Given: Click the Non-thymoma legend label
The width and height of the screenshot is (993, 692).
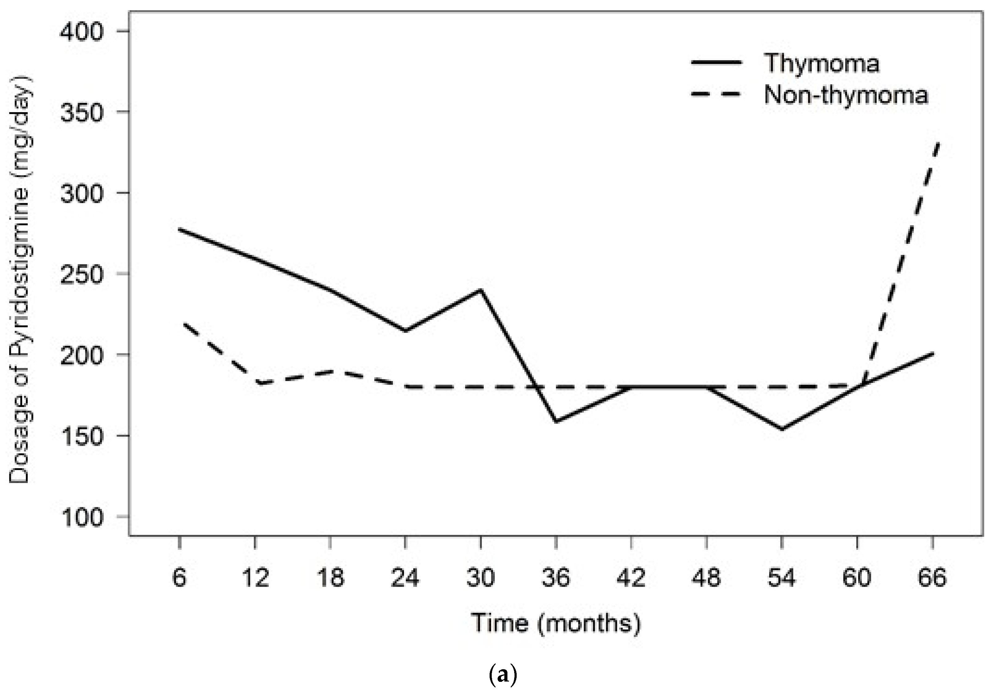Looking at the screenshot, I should coord(846,94).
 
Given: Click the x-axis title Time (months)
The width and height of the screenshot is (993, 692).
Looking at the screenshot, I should coord(556,623).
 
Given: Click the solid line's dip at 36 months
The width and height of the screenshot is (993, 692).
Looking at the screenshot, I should coord(556,421).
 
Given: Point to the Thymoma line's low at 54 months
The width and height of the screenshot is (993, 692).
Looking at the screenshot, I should coord(782,429).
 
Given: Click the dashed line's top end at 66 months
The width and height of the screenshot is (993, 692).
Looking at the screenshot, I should coord(937,143).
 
